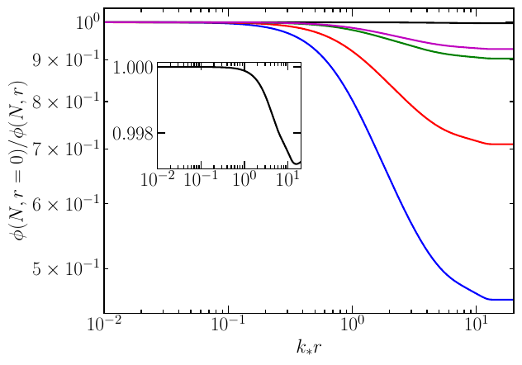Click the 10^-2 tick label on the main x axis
click(x=102, y=329)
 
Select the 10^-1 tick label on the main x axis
click(x=227, y=329)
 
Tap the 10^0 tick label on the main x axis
click(x=353, y=329)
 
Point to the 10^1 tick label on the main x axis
click(x=477, y=329)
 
